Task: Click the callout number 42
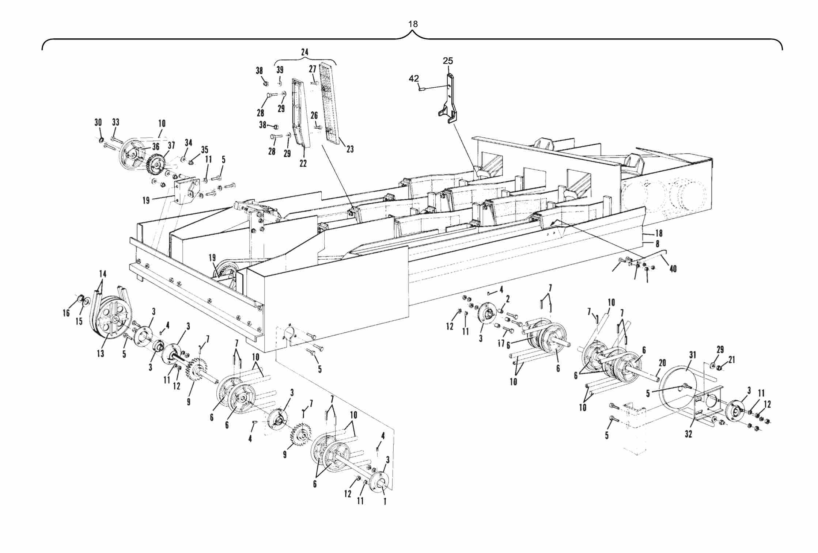[x=414, y=79]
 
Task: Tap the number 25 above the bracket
[x=448, y=61]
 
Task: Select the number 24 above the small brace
[x=304, y=52]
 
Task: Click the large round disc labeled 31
[x=676, y=393]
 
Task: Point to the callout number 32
[x=688, y=434]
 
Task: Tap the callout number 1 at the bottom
[x=385, y=502]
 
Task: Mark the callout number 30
[x=98, y=122]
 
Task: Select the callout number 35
[x=204, y=150]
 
